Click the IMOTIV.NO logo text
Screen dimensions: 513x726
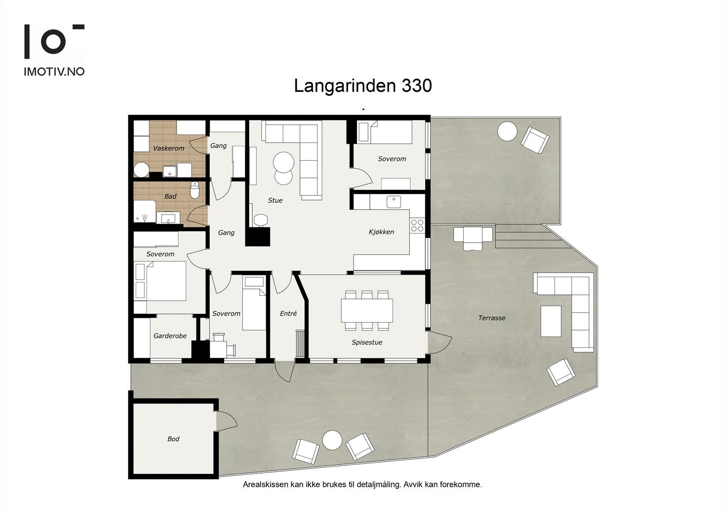pyautogui.click(x=54, y=72)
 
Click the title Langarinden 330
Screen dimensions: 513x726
pyautogui.click(x=363, y=86)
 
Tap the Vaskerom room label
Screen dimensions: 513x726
pyautogui.click(x=169, y=148)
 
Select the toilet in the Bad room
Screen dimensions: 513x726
pyautogui.click(x=195, y=191)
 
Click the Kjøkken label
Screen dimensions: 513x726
pyautogui.click(x=381, y=232)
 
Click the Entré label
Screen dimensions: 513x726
pyautogui.click(x=288, y=313)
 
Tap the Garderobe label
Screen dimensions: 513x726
pyautogui.click(x=170, y=336)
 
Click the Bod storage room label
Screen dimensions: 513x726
pyautogui.click(x=173, y=439)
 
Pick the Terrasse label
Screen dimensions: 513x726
pyautogui.click(x=491, y=318)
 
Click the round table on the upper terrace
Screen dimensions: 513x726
pyautogui.click(x=507, y=132)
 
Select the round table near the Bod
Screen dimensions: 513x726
pyautogui.click(x=332, y=440)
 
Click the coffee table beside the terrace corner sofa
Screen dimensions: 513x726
pyautogui.click(x=551, y=321)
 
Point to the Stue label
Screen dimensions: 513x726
pyautogui.click(x=275, y=200)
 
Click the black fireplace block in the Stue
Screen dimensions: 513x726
pyautogui.click(x=257, y=237)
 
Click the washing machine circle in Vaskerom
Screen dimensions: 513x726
pyautogui.click(x=141, y=171)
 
